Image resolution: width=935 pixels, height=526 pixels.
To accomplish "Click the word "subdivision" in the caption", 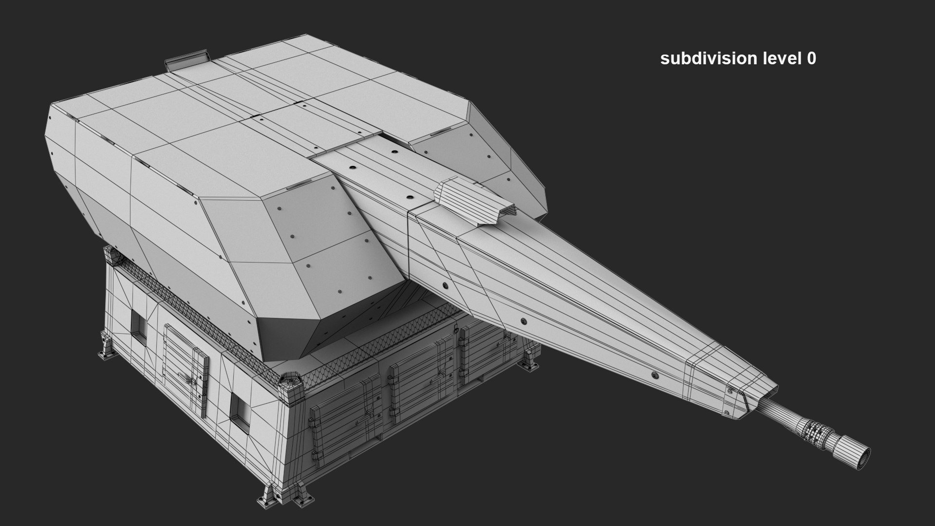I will point(701,58).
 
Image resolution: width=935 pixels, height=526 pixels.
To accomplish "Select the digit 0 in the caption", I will point(811,58).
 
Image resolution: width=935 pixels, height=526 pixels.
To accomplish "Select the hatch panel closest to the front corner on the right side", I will point(336,424).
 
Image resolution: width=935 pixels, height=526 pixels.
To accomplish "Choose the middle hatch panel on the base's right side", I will point(419,380).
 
